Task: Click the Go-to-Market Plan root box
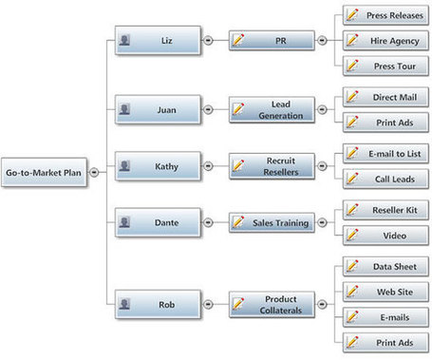click(x=44, y=172)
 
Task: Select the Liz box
click(x=158, y=40)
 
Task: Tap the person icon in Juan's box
click(x=124, y=109)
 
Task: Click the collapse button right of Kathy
click(x=208, y=165)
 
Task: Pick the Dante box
click(x=158, y=222)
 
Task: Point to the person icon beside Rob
click(x=124, y=304)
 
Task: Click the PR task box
click(x=272, y=41)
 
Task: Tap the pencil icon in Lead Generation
click(x=238, y=108)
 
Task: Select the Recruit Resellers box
click(x=272, y=166)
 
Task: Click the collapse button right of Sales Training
click(x=322, y=222)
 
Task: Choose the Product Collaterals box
click(x=272, y=305)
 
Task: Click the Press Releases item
click(x=385, y=15)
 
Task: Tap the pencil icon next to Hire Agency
click(x=352, y=40)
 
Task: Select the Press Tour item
click(x=385, y=66)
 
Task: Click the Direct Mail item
click(x=385, y=97)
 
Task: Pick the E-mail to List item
click(x=385, y=154)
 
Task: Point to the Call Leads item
click(x=385, y=179)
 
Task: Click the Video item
click(x=385, y=236)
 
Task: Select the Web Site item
click(x=385, y=292)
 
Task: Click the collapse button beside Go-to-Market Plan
click(x=94, y=172)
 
